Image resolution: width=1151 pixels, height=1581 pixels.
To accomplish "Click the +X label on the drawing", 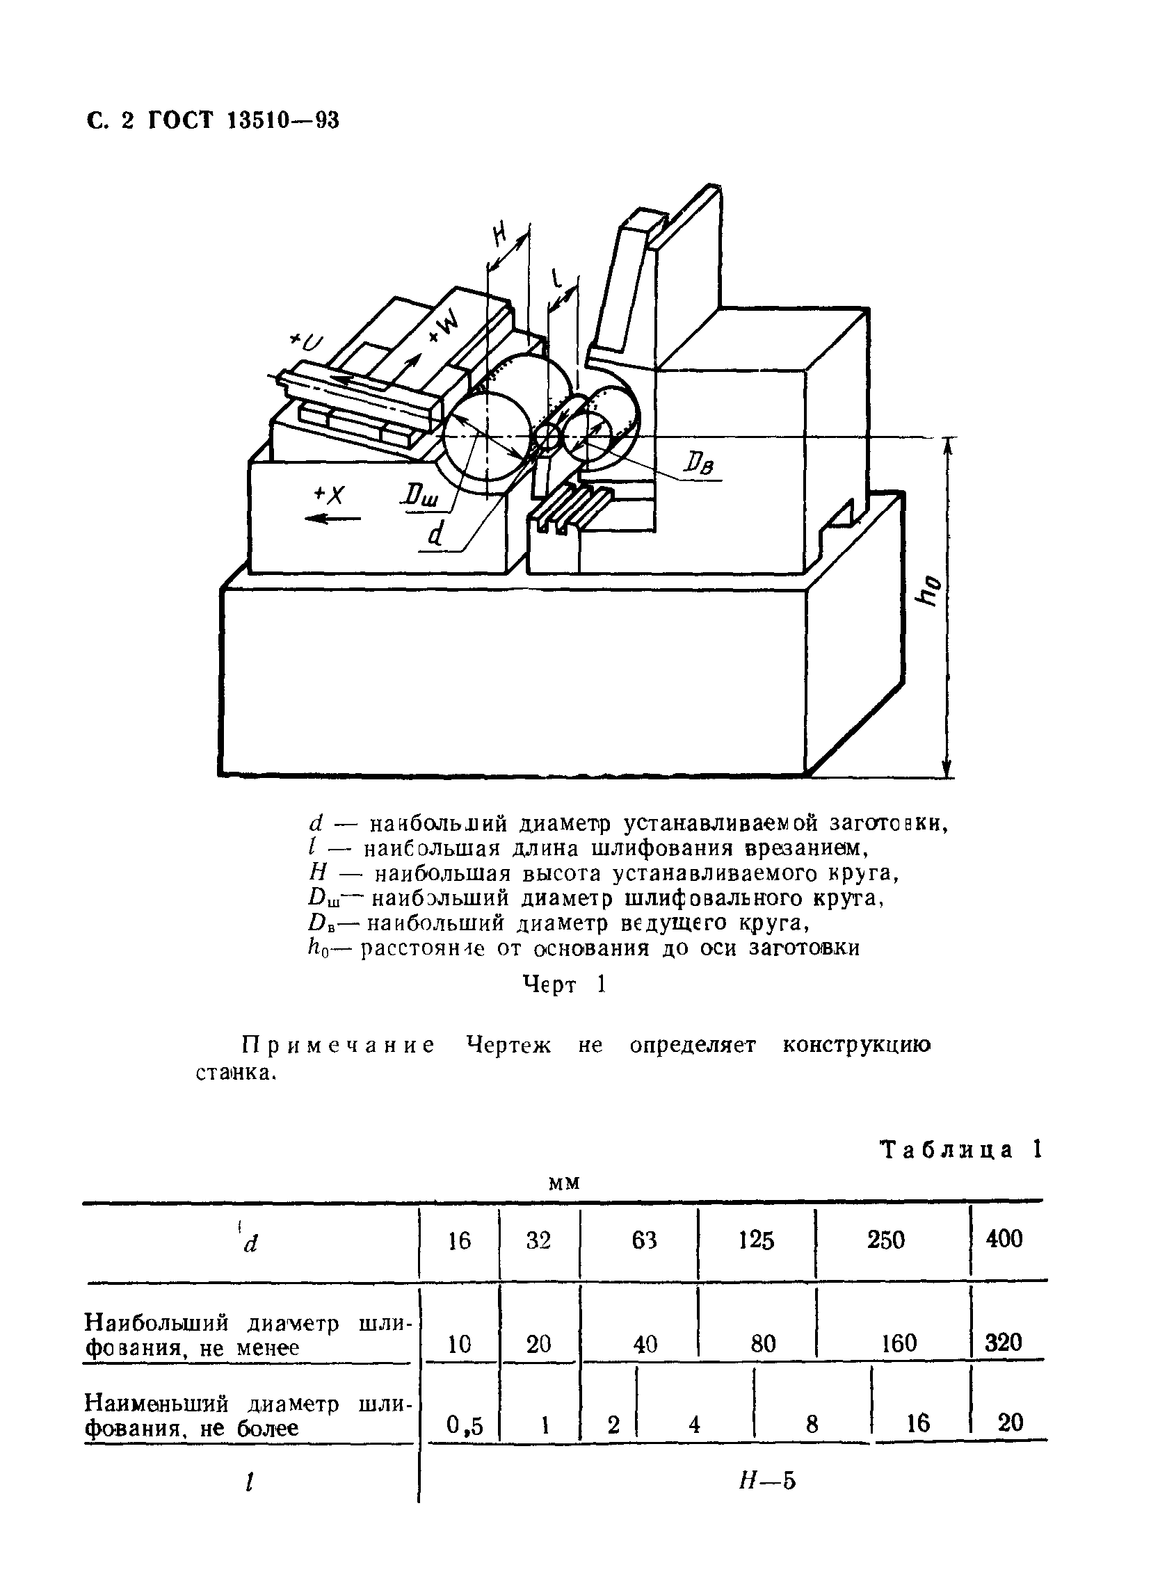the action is coord(330,495).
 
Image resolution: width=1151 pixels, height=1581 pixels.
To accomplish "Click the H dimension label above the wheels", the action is coord(500,235).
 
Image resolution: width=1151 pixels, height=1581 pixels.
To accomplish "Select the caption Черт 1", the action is coord(564,984).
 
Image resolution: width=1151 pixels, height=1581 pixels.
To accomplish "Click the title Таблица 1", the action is coord(961,1149).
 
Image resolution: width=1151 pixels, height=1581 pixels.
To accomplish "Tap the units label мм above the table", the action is coord(565,1183).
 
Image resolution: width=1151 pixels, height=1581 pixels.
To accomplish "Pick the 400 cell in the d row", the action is coord(1004,1239).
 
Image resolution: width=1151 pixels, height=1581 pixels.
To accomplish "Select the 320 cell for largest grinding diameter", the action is coord(1003,1341).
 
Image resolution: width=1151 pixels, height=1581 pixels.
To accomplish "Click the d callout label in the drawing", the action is coord(435,534).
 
